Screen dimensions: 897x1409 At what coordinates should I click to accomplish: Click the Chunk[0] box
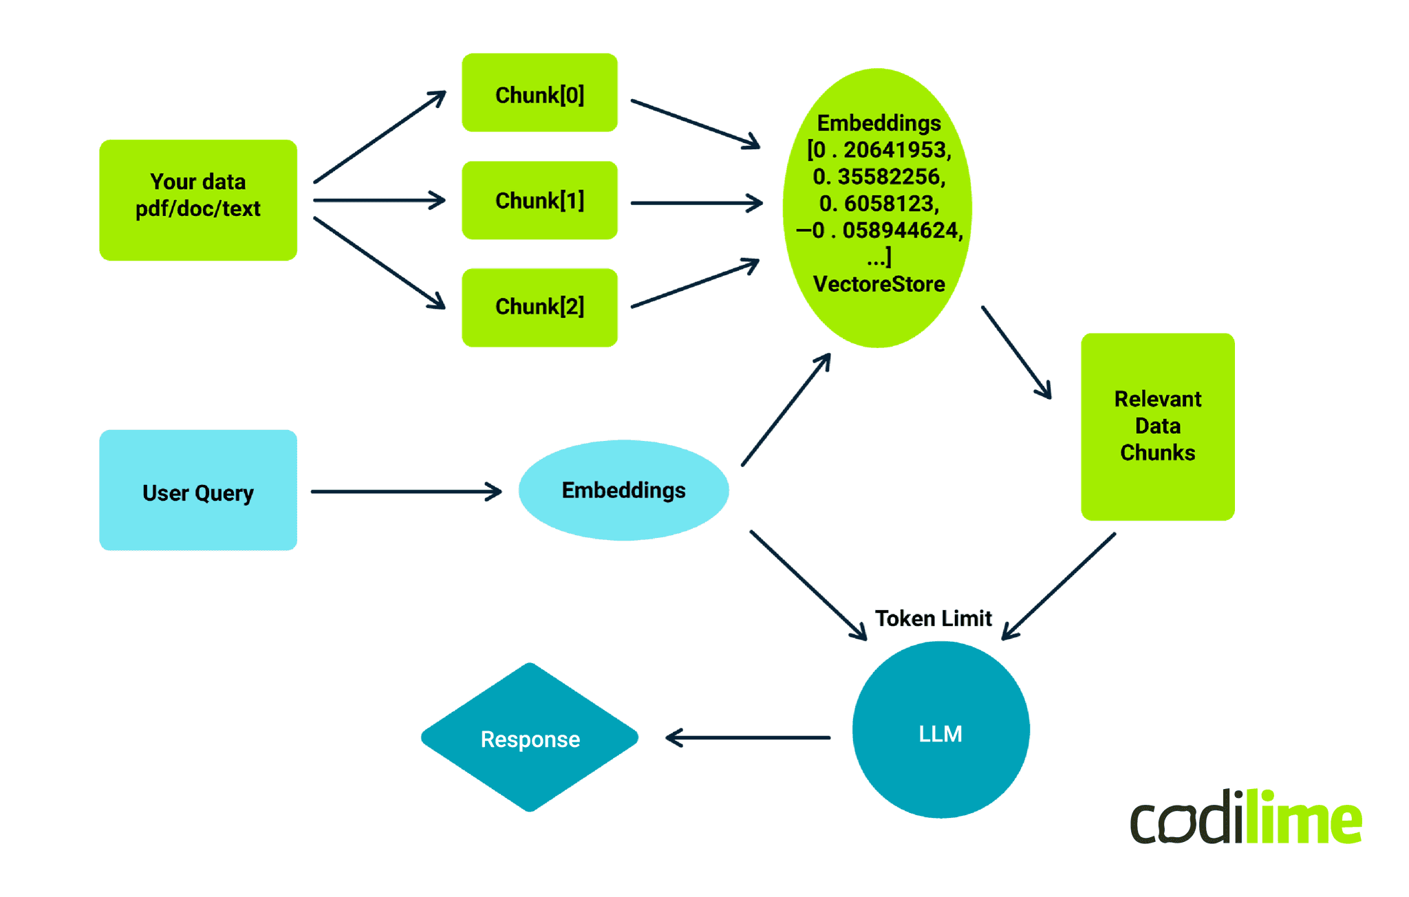click(x=539, y=93)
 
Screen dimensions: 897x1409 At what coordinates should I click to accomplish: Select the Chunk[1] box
click(x=539, y=200)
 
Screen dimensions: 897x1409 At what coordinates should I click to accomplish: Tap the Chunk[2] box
click(x=539, y=307)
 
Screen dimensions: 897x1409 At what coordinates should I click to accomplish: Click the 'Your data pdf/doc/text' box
click(x=198, y=199)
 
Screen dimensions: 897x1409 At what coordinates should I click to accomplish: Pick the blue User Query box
click(x=198, y=490)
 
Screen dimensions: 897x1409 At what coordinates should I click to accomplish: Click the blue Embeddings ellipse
click(x=623, y=490)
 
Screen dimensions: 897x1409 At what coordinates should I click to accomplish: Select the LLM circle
click(x=940, y=731)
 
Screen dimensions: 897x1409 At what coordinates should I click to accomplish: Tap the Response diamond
click(x=530, y=738)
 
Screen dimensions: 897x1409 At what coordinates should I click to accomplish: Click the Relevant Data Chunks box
click(x=1157, y=426)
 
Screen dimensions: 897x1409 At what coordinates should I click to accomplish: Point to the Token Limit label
click(x=933, y=618)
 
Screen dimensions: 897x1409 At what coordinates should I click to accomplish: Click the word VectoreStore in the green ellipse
click(x=879, y=284)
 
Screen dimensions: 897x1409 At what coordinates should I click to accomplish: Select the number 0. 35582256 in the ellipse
click(x=879, y=177)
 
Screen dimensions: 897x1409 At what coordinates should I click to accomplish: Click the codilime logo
click(x=1245, y=819)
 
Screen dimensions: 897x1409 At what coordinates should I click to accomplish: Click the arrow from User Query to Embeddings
click(x=406, y=491)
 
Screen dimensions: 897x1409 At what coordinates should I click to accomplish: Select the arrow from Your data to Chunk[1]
click(x=378, y=200)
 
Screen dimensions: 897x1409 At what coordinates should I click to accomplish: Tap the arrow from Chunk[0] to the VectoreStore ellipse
click(x=695, y=124)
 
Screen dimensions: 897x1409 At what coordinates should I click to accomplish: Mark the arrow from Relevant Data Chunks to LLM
click(x=1060, y=586)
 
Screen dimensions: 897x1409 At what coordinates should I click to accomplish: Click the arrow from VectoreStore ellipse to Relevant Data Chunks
click(x=1016, y=352)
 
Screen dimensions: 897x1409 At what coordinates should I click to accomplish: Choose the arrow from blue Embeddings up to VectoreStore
click(x=786, y=410)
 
